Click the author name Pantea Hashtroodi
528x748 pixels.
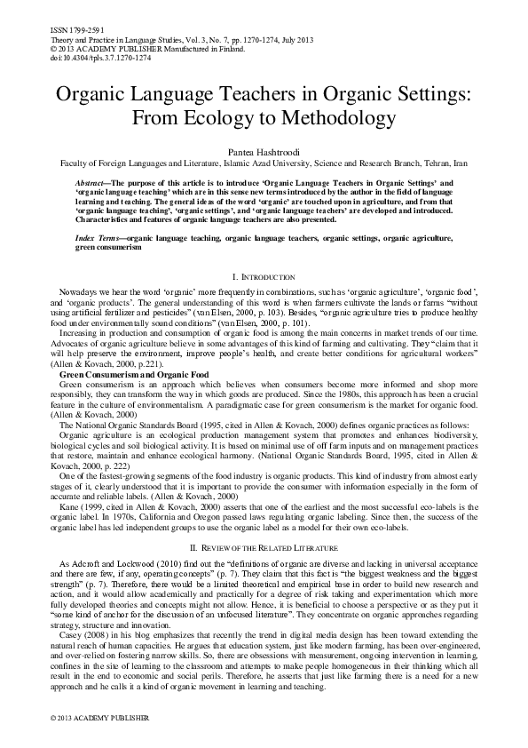264,152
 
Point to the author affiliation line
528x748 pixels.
264,163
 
